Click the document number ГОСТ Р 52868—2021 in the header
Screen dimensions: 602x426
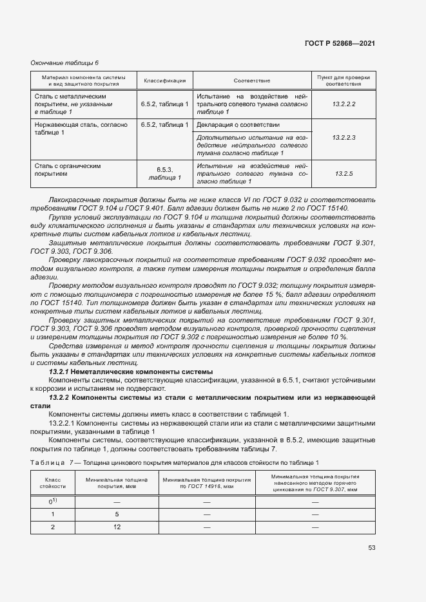tap(339, 43)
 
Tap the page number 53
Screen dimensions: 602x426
tap(371, 548)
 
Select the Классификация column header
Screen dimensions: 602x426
tap(165, 80)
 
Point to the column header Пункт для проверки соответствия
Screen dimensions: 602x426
tap(344, 80)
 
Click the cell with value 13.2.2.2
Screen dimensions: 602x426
tap(344, 104)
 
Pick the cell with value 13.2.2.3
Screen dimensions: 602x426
tap(344, 138)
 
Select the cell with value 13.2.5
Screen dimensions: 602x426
tap(344, 174)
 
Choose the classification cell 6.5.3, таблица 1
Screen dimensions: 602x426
tap(165, 174)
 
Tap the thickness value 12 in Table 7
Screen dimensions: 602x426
tap(117, 527)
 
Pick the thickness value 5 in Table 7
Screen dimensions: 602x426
tap(117, 514)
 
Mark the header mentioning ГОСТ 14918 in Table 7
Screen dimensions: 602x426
tap(207, 484)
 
